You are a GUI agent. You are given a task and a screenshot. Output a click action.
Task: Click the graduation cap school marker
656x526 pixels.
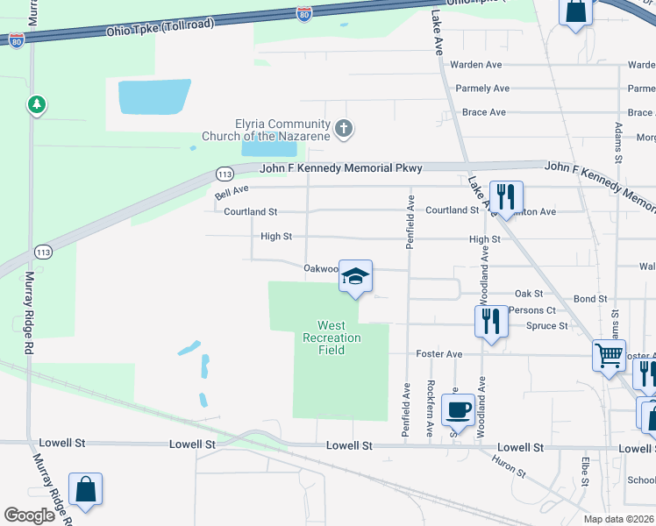pos(355,276)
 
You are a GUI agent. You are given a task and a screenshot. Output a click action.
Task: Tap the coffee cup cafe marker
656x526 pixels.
pos(459,409)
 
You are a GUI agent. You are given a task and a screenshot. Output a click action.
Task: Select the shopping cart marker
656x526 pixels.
pos(610,356)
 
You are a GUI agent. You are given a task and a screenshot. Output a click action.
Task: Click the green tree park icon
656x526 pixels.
pos(36,105)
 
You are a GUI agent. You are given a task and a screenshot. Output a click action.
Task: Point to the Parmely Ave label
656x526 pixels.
pos(482,89)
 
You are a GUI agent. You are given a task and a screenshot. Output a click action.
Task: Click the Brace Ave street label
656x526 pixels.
pos(484,112)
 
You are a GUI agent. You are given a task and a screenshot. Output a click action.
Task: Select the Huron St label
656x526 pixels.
pos(508,467)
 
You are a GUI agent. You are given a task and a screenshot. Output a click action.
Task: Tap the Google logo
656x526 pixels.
pos(29,515)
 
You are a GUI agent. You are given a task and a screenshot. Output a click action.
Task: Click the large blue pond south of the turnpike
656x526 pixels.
pos(153,96)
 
